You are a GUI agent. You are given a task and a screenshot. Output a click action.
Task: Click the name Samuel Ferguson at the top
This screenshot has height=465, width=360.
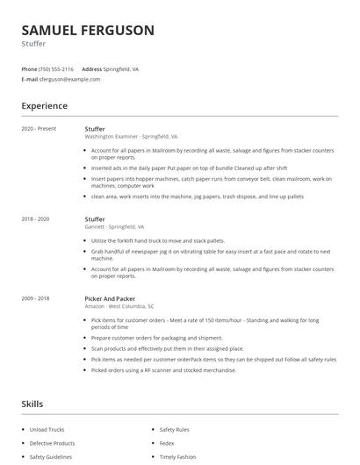tap(88, 31)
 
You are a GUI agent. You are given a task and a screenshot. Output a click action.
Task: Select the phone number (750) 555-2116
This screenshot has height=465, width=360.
tap(57, 68)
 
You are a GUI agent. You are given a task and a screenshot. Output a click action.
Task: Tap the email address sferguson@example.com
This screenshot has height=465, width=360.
tap(69, 79)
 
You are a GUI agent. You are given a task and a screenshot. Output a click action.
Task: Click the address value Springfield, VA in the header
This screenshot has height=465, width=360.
tap(122, 68)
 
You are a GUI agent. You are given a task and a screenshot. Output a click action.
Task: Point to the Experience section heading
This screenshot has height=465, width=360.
tap(45, 106)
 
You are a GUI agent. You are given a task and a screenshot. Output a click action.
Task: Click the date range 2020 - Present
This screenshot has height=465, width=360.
tap(39, 129)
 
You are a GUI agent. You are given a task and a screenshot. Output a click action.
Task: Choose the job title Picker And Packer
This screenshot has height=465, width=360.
tap(111, 298)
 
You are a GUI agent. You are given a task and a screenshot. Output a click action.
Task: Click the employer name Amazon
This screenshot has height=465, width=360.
tap(95, 306)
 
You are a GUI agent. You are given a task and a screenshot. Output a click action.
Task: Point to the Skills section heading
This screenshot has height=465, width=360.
tap(32, 404)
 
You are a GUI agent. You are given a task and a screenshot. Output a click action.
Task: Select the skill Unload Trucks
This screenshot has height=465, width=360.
tap(47, 430)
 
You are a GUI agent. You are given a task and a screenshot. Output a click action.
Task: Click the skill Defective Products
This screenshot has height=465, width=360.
tap(53, 443)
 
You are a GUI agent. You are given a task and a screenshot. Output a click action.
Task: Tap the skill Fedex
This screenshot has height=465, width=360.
tap(168, 443)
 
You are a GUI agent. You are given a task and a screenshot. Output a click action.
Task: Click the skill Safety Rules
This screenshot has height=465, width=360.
tap(176, 430)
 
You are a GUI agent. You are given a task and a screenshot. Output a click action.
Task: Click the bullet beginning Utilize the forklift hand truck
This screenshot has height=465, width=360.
tap(158, 240)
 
